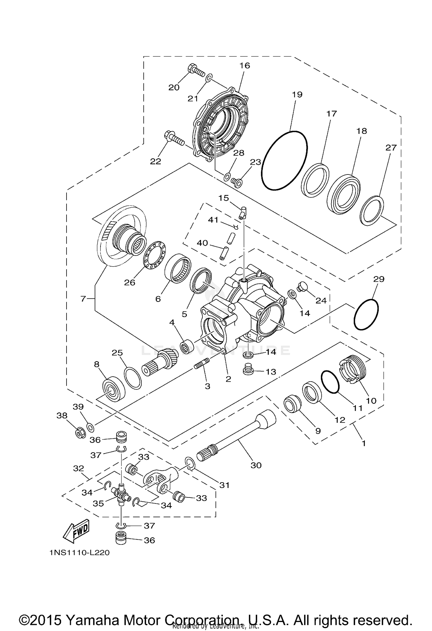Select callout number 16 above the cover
[245, 66]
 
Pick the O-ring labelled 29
[366, 314]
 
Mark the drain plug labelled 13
[248, 370]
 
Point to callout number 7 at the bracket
[83, 299]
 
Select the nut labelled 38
[79, 433]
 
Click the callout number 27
[391, 148]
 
